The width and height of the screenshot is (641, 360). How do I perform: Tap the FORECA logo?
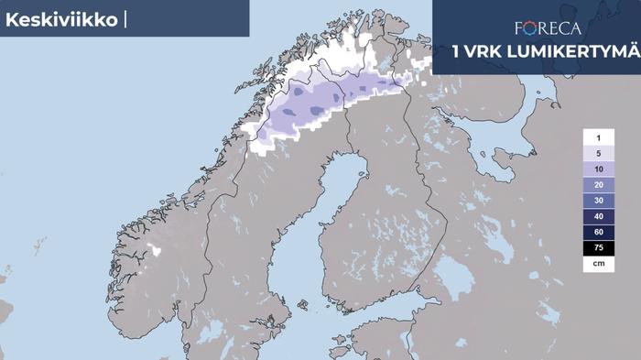click(x=548, y=27)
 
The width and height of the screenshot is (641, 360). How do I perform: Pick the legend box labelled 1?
click(x=598, y=137)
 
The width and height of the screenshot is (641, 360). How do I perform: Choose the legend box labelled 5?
click(x=598, y=153)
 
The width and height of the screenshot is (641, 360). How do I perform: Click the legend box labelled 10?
click(x=598, y=169)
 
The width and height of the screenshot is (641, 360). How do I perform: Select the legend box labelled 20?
click(x=598, y=185)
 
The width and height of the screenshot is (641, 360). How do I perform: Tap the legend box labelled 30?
click(x=598, y=201)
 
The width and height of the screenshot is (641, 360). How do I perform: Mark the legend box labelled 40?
click(x=598, y=216)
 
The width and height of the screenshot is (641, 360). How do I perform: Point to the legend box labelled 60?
click(x=598, y=232)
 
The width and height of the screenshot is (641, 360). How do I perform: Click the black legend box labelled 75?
click(x=598, y=247)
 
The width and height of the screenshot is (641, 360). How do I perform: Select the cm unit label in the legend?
click(x=598, y=263)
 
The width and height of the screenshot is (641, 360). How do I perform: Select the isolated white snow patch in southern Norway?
click(x=155, y=249)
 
